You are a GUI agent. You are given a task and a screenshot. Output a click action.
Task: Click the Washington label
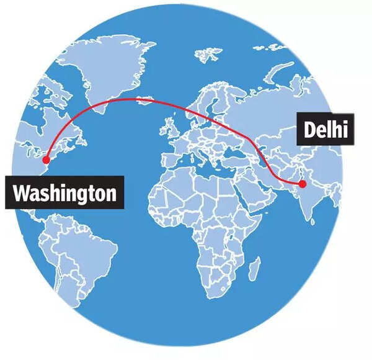[x=64, y=193]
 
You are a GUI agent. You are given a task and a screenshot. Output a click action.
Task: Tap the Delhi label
[x=324, y=130]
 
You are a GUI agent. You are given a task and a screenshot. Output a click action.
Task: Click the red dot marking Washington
[x=46, y=160]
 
